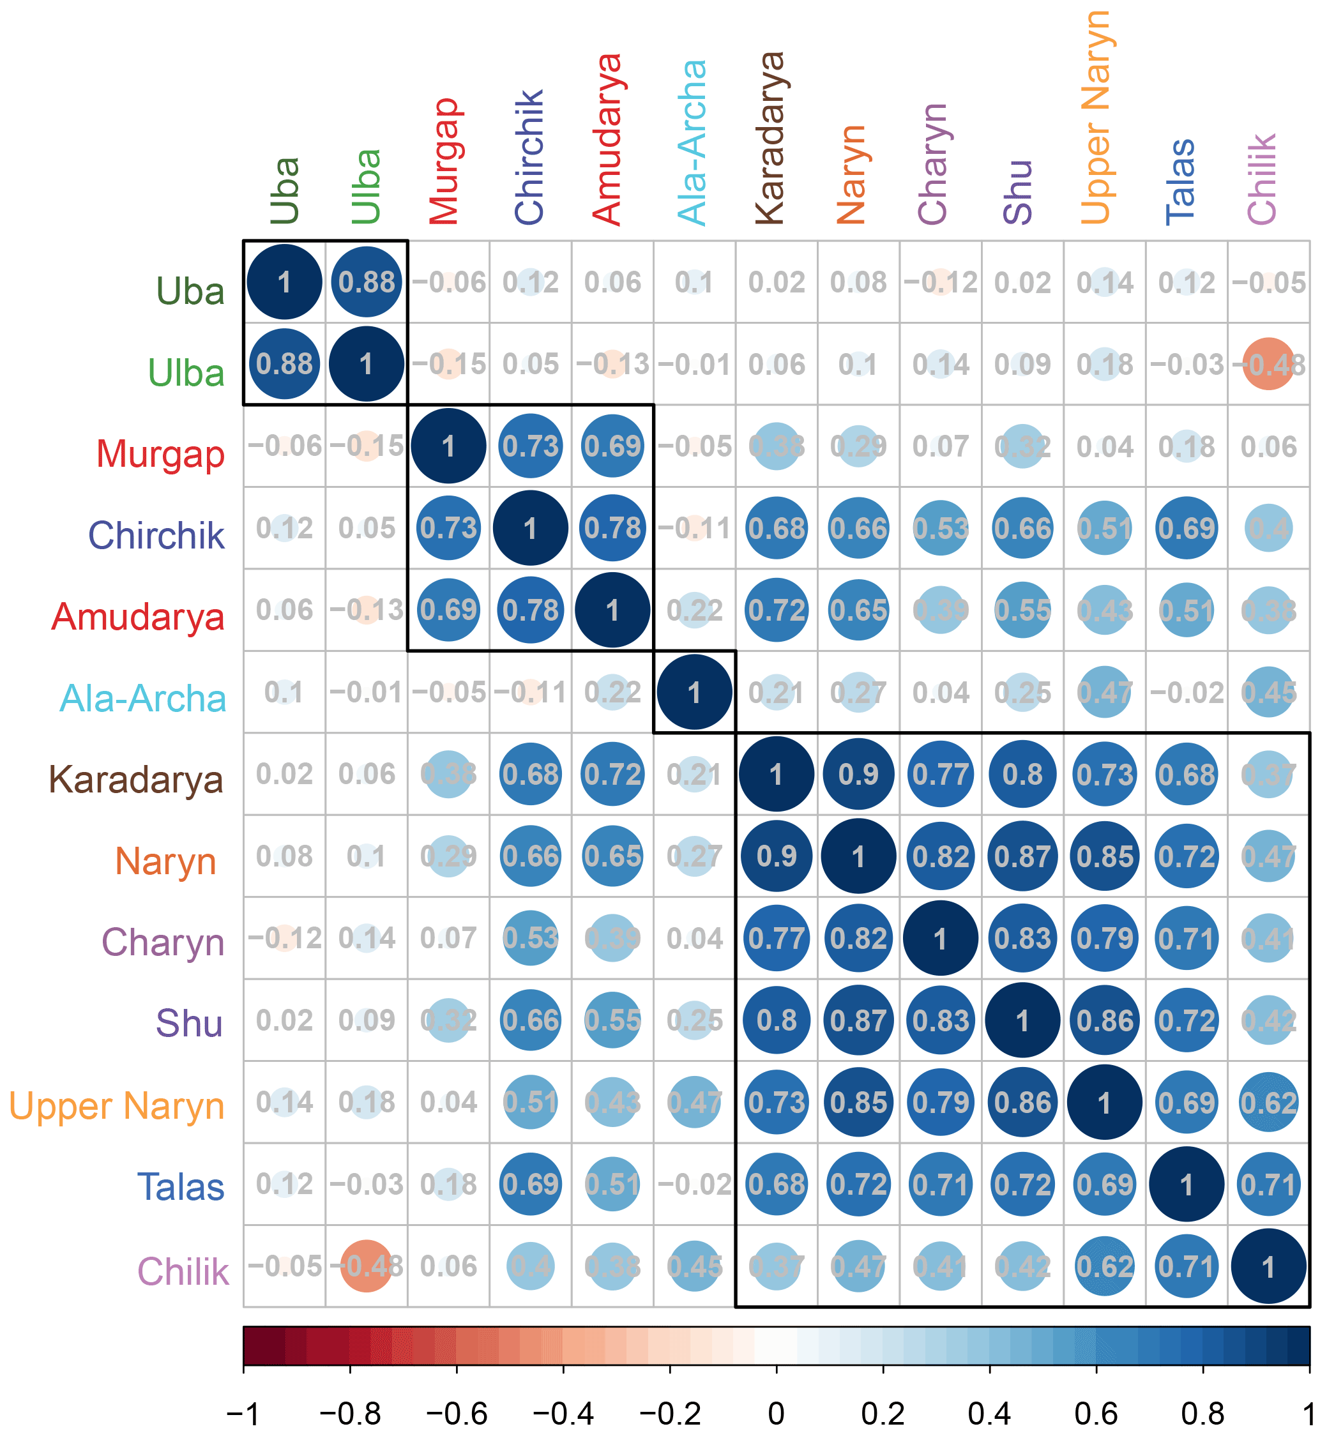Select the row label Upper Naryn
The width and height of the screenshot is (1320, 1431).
tap(116, 1106)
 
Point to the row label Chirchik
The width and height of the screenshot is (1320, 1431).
tap(156, 535)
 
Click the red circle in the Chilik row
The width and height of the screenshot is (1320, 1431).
tap(367, 1266)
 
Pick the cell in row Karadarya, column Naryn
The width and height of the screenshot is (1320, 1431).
tap(858, 774)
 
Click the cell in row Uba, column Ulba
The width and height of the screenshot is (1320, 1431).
tap(367, 282)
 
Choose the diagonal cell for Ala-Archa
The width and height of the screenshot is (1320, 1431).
tap(694, 692)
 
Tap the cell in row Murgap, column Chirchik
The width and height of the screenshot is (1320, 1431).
tap(530, 446)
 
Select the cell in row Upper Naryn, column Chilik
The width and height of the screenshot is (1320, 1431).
tap(1268, 1103)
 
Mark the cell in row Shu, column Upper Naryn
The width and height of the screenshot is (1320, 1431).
tap(1104, 1020)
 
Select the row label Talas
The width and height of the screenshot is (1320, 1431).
tap(181, 1188)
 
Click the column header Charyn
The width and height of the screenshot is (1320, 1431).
tap(933, 164)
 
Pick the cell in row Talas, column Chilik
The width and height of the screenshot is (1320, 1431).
tap(1268, 1185)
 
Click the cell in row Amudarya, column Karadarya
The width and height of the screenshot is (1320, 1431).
tap(777, 610)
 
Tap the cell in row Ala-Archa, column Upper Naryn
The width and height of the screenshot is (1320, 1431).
tap(1104, 692)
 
